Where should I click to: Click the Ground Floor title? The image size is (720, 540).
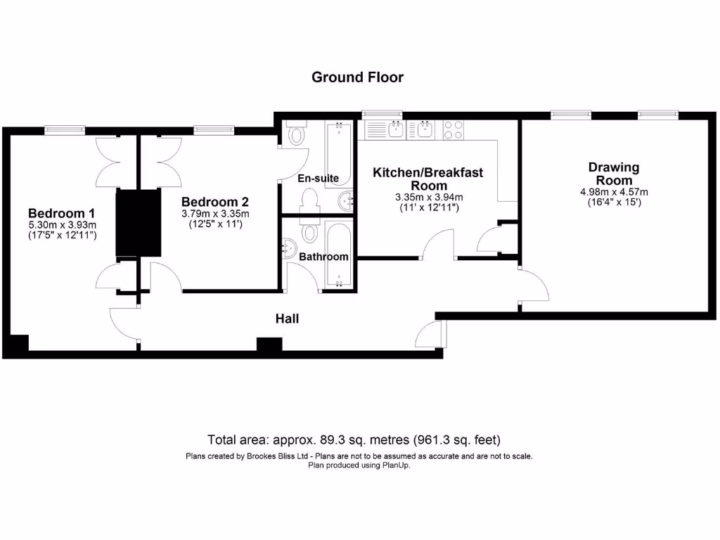[x=357, y=77]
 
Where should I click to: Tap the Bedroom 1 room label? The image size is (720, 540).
[x=61, y=213]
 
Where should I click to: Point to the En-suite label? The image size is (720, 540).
[x=318, y=179]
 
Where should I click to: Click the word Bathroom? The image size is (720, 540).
[x=323, y=257]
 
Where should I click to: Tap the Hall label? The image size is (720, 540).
[x=287, y=319]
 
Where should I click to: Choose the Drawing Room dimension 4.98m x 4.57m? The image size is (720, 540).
[x=613, y=192]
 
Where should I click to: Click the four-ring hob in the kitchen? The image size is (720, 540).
[x=453, y=129]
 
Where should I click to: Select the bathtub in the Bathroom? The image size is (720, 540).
[x=340, y=254]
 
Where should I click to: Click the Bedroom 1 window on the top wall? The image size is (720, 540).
[x=65, y=129]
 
